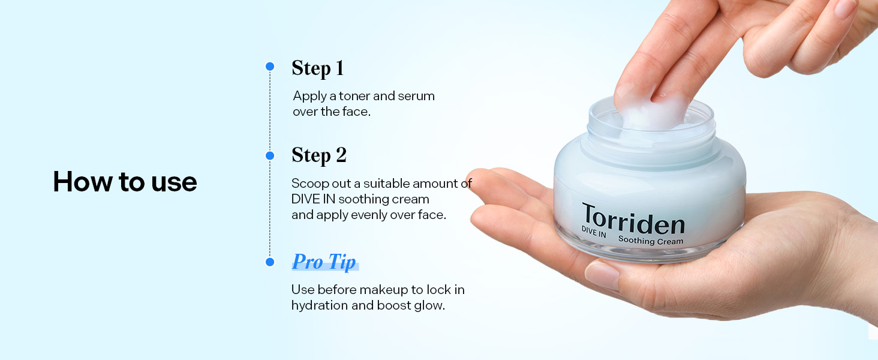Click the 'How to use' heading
point(125,182)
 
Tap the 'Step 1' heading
point(317,68)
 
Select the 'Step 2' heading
point(318,155)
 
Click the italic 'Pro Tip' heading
point(324,262)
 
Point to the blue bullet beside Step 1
point(270,66)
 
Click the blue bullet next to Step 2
point(270,155)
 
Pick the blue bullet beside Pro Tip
point(270,262)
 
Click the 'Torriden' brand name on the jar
point(633,221)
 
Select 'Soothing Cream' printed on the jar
point(650,241)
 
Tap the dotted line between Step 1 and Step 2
point(270,111)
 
